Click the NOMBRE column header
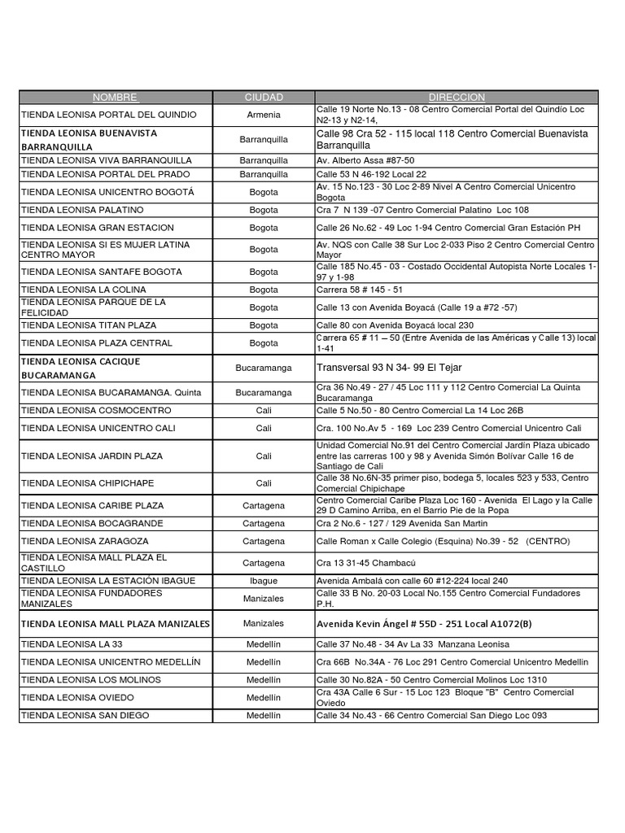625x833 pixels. pyautogui.click(x=115, y=97)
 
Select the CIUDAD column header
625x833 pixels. pyautogui.click(x=264, y=97)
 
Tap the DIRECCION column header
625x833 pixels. pyautogui.click(x=457, y=97)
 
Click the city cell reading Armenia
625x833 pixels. pyautogui.click(x=264, y=115)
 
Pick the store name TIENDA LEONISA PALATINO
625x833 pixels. pyautogui.click(x=81, y=210)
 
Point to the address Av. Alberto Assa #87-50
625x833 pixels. pyautogui.click(x=365, y=161)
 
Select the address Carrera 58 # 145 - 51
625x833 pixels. pyautogui.click(x=360, y=290)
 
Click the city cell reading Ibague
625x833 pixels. pyautogui.click(x=264, y=581)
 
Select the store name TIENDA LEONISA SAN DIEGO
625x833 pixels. pyautogui.click(x=85, y=716)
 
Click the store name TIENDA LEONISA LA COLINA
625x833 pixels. pyautogui.click(x=84, y=290)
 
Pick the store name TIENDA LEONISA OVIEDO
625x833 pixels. pyautogui.click(x=77, y=698)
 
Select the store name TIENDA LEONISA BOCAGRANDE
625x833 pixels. pyautogui.click(x=92, y=523)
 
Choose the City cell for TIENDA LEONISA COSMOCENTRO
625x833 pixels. pyautogui.click(x=264, y=411)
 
